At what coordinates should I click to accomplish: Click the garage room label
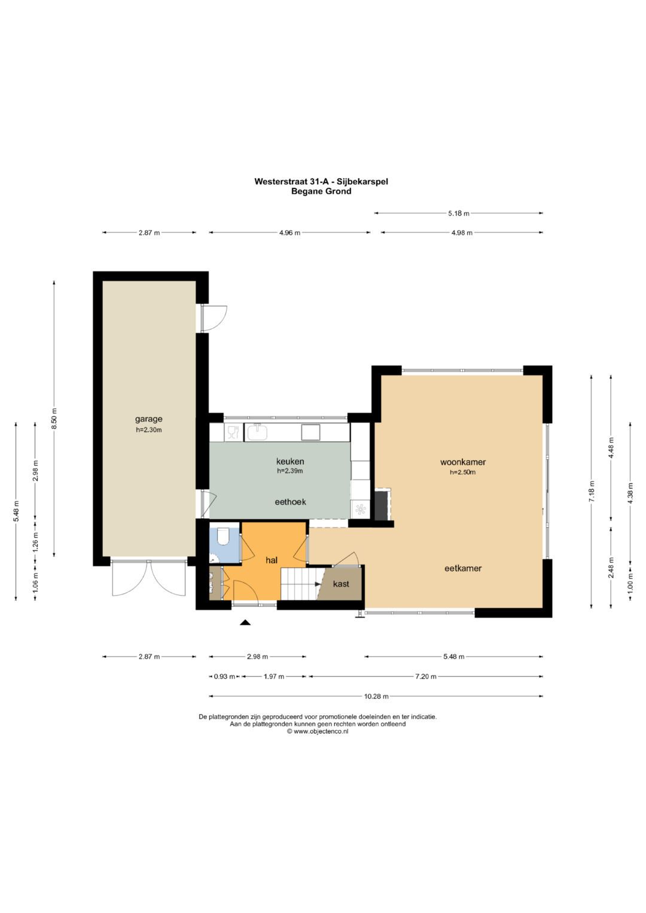[x=148, y=419]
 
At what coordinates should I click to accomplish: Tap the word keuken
[x=290, y=462]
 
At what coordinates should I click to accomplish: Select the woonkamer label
[x=463, y=462]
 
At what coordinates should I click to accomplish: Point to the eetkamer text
[x=463, y=568]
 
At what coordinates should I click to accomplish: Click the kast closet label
[x=341, y=584]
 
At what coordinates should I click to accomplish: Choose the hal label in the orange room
[x=271, y=560]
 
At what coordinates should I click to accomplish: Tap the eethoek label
[x=290, y=502]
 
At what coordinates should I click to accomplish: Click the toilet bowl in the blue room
[x=224, y=536]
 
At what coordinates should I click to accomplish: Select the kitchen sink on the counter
[x=257, y=432]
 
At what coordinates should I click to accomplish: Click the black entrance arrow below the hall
[x=245, y=622]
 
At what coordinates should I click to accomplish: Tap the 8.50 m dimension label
[x=54, y=418]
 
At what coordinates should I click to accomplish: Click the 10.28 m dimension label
[x=376, y=696]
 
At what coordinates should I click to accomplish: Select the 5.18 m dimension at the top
[x=459, y=213]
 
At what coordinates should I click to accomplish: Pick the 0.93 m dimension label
[x=224, y=677]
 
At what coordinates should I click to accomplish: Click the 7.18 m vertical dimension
[x=592, y=491]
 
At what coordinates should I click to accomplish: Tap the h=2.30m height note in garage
[x=148, y=430]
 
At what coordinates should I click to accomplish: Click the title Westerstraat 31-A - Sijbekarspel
[x=321, y=181]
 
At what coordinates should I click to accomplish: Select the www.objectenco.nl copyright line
[x=318, y=731]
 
